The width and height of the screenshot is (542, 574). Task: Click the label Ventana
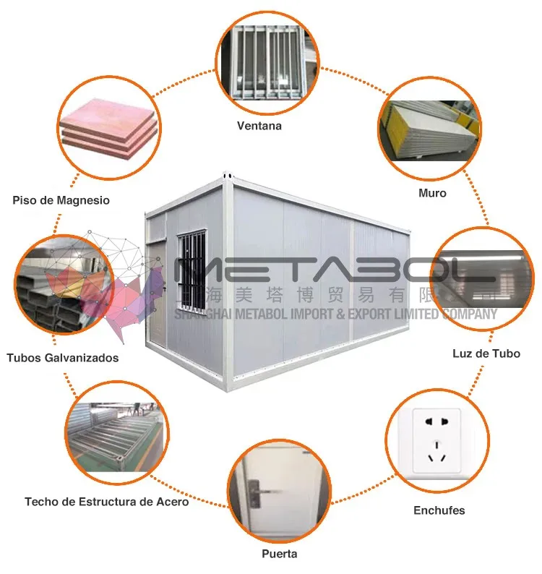259,126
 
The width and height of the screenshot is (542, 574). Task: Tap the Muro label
432,193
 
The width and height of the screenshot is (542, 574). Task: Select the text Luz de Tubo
486,354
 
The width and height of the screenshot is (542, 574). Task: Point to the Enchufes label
439,510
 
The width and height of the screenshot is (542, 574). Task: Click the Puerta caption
279,554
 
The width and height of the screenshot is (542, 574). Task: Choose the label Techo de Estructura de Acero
106,501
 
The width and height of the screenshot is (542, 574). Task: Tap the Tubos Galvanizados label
63,357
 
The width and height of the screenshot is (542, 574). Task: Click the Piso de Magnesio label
61,200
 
